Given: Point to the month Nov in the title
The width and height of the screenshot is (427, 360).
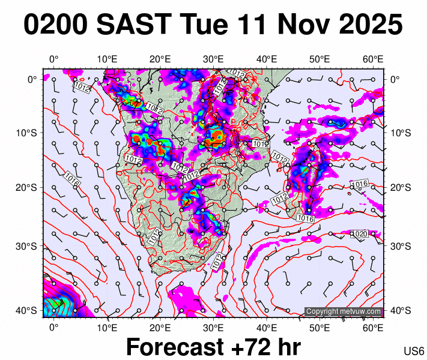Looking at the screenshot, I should (296, 25).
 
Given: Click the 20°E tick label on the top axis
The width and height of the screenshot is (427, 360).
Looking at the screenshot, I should (160, 59).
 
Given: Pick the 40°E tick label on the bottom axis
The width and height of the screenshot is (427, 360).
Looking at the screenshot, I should (267, 328).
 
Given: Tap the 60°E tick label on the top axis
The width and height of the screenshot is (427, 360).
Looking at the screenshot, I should (373, 59).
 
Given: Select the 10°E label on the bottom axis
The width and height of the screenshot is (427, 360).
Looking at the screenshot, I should (107, 328).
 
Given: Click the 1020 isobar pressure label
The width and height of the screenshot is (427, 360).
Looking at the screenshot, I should (359, 233).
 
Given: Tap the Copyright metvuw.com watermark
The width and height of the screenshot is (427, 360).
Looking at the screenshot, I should (344, 311).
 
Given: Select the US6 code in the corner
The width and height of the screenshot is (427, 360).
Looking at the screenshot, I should (414, 350).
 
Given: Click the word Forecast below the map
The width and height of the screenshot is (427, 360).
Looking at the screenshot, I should (175, 348).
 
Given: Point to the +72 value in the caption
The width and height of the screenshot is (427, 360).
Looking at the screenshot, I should (247, 348).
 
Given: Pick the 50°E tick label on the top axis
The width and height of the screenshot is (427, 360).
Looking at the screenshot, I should (320, 59).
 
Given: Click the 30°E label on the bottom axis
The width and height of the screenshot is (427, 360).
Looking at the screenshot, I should (213, 328).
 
